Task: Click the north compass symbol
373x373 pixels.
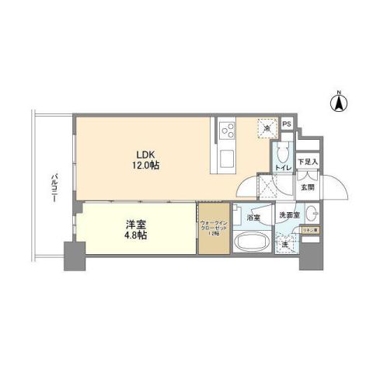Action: [x=340, y=100]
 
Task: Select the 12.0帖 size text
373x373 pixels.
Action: [x=145, y=166]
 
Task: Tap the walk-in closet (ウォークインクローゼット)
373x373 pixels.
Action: [x=213, y=228]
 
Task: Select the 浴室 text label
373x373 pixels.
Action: [x=253, y=218]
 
